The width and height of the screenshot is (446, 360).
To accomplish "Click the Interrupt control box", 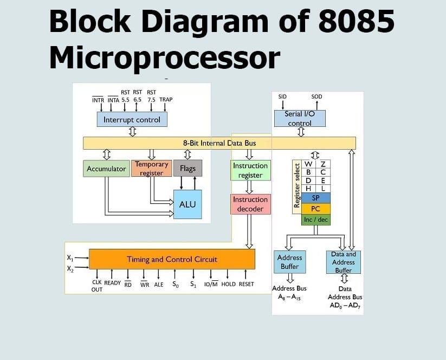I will point(132,119).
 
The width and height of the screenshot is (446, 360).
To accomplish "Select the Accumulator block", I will point(106,169).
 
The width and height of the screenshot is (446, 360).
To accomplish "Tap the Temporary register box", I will point(151,168).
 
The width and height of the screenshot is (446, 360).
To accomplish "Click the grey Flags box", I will point(188,168).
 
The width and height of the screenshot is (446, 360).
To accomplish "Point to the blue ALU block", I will point(187,204).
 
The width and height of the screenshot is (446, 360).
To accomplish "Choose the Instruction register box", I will point(250,170).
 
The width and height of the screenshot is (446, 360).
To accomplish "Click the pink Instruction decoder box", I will point(250,204).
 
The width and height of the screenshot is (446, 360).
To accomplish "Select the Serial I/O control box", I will point(300,119).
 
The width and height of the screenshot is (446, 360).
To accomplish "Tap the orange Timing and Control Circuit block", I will point(172,259).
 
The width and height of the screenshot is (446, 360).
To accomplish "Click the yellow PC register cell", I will point(315,208).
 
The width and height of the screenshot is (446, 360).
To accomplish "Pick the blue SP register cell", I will point(315,198).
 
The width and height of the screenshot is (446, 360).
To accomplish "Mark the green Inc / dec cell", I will point(315,220).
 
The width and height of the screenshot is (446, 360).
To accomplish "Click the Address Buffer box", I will point(289,262).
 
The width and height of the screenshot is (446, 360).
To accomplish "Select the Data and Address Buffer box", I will point(343,262).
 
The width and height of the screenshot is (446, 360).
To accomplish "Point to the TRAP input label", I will point(166,100).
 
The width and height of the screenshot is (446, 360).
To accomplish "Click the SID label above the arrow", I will point(282,97).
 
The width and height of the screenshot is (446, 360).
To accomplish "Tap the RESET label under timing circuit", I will point(246,284).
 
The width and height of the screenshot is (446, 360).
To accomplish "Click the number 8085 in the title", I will point(356,22).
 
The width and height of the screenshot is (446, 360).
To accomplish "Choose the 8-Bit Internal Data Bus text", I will point(219,143).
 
